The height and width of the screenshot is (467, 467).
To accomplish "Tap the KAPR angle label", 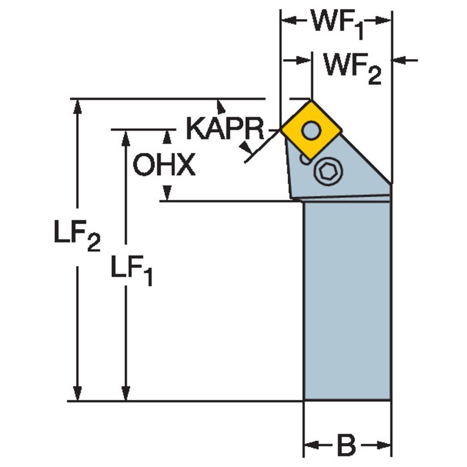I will point(225,129).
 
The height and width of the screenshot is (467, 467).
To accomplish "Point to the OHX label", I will point(164,165).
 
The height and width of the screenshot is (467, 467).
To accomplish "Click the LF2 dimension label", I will point(77,236).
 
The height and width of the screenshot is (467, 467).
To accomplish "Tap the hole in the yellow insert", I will point(312,130).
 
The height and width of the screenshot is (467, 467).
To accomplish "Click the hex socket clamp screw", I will point(326,173).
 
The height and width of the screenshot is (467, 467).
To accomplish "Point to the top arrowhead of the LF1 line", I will point(126,137).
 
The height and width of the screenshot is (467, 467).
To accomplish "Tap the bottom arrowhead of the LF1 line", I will point(126,394).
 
